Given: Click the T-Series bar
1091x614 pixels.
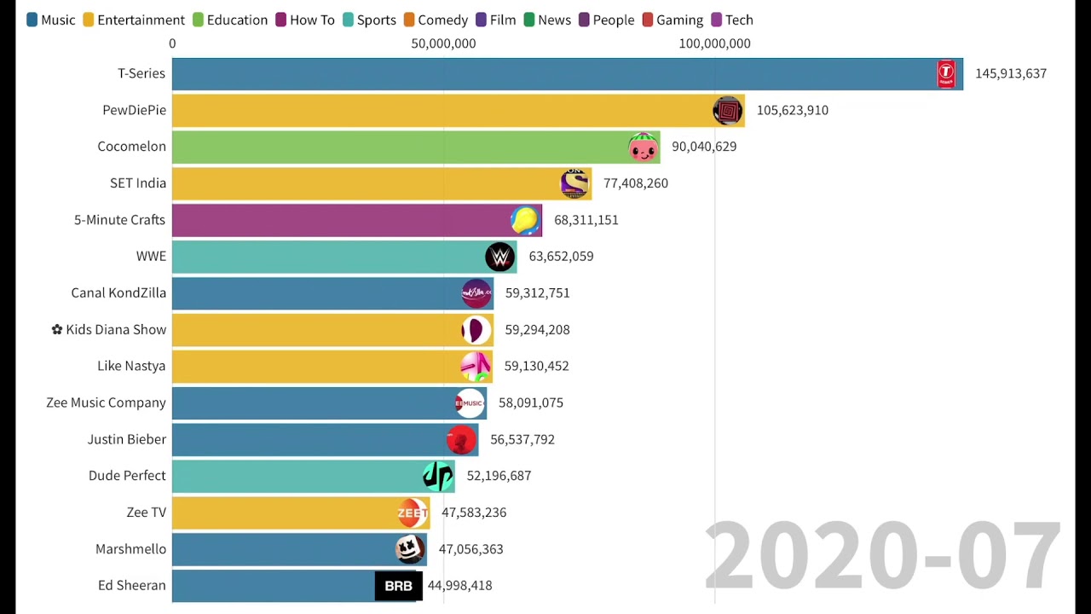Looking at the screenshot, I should [x=554, y=74].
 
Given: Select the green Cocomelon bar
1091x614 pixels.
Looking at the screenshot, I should [x=401, y=147].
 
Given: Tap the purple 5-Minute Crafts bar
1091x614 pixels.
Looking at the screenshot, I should [x=341, y=220].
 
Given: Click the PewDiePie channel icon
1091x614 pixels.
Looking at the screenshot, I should [x=728, y=111].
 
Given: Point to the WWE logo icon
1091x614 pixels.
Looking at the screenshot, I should [x=500, y=257].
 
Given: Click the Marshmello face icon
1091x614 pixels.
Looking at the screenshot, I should [x=410, y=549].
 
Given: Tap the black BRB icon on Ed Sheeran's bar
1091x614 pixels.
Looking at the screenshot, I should [x=398, y=586].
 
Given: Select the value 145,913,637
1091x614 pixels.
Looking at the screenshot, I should [x=1010, y=74].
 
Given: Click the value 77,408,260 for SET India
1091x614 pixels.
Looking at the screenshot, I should [x=635, y=183].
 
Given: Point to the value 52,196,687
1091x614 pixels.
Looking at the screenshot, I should [x=499, y=476].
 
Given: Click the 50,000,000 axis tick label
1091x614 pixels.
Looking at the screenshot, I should [x=443, y=43].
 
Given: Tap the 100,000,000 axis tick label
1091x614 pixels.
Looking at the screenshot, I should [x=714, y=43].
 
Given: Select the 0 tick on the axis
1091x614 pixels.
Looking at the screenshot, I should [x=172, y=43].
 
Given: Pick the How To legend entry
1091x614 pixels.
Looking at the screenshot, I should [x=304, y=20].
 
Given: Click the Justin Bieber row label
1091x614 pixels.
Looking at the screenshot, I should [x=126, y=439].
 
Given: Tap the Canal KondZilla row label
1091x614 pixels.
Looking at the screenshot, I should [x=118, y=293].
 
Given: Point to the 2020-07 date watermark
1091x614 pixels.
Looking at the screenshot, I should [x=882, y=557].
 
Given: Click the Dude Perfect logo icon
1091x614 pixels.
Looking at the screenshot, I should [x=437, y=476].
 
